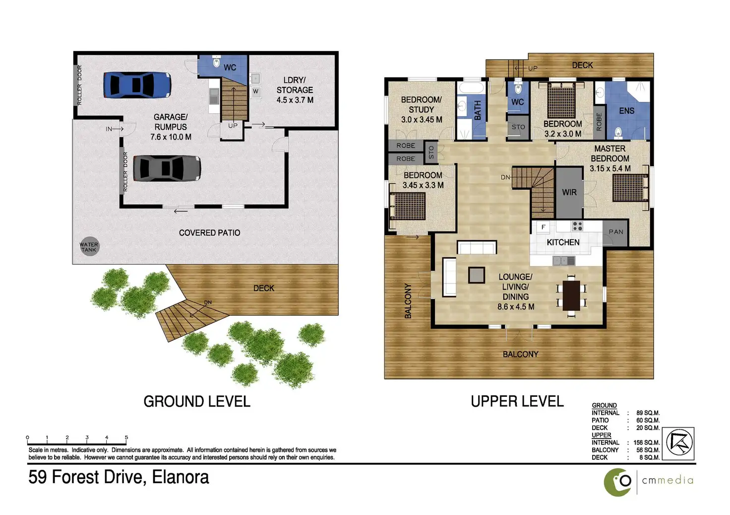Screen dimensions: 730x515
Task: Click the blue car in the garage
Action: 137,85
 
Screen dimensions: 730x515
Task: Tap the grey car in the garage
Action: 167,168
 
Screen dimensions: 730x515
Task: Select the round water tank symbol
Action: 89,247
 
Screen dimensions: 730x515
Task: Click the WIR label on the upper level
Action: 569,193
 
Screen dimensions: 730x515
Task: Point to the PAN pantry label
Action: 616,232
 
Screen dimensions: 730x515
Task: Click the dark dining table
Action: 571,295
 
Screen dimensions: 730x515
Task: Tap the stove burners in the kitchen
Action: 577,226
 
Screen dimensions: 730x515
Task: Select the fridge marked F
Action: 543,227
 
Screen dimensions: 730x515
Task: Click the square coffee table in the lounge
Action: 477,275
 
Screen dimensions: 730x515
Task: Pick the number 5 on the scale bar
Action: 126,438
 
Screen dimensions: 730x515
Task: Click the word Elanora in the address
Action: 180,477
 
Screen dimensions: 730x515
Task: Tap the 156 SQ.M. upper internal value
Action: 647,442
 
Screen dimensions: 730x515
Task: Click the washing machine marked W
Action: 255,91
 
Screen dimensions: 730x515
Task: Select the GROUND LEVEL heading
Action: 197,401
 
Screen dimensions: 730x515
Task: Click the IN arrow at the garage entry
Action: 115,129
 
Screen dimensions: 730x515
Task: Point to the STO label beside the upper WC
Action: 518,127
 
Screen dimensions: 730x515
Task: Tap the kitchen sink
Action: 564,261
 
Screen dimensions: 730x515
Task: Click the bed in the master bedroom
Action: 631,188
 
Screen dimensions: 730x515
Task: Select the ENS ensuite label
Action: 627,111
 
